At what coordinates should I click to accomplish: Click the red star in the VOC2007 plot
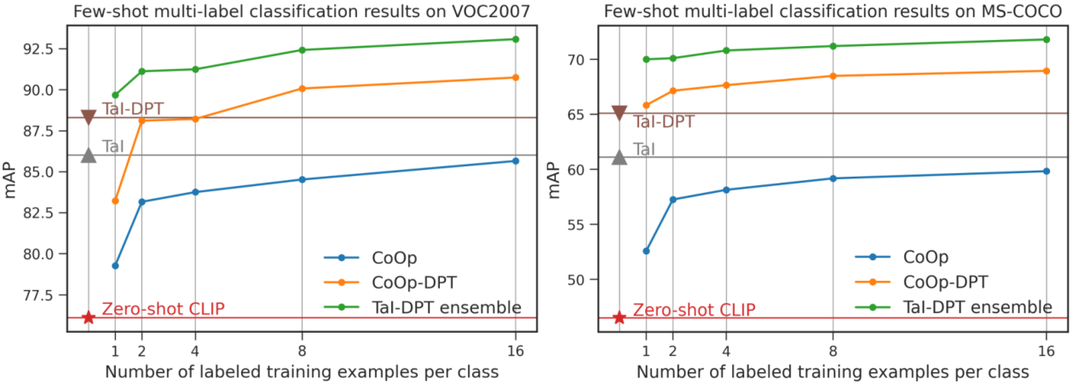(x=88, y=317)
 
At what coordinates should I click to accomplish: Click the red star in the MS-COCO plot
(x=620, y=317)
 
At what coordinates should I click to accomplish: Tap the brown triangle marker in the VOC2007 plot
(x=88, y=117)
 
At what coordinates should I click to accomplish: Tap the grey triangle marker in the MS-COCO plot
(x=620, y=156)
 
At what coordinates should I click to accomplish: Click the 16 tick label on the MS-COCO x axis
(x=1046, y=350)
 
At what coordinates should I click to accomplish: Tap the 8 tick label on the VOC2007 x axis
(x=303, y=350)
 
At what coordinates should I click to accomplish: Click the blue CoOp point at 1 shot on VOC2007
(x=115, y=265)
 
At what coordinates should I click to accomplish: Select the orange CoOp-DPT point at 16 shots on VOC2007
(x=515, y=78)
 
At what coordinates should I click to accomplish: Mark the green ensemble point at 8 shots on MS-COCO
(x=833, y=46)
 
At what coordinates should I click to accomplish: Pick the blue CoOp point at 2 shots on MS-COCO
(x=672, y=200)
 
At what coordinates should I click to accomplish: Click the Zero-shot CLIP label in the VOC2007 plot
(x=163, y=309)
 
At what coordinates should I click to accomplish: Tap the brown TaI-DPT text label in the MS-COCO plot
(x=663, y=122)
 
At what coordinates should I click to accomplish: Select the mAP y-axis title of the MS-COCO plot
(x=555, y=179)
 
